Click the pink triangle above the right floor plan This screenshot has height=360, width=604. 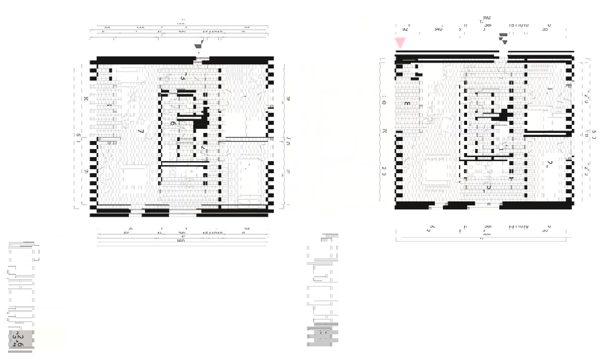[x=401, y=42]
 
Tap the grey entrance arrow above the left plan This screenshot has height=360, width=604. [x=198, y=46]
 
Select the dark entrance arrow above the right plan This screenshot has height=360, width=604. [x=503, y=36]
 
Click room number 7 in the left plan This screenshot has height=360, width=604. [x=142, y=131]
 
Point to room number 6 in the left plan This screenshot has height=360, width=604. [x=173, y=123]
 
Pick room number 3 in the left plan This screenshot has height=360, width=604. [x=184, y=77]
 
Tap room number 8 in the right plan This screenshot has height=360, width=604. [x=407, y=104]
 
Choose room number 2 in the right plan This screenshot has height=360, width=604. [x=550, y=163]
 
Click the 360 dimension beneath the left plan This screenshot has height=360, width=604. [x=181, y=241]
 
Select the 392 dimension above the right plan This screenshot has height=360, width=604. [x=486, y=18]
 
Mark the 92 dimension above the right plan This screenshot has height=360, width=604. [x=405, y=29]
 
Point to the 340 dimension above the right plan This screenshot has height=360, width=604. [x=438, y=29]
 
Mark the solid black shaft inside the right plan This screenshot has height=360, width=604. [x=502, y=116]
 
